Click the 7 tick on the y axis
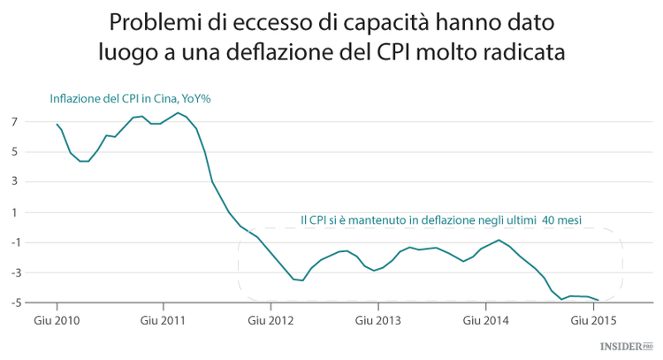click(16, 121)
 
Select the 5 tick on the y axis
click(16, 151)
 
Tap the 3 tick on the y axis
click(16, 182)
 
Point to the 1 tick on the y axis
click(16, 212)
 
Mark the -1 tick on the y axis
click(14, 242)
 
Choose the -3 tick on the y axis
click(14, 273)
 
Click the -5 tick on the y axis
click(14, 303)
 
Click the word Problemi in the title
click(156, 20)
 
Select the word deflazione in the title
click(326, 51)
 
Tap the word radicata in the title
click(536, 51)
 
